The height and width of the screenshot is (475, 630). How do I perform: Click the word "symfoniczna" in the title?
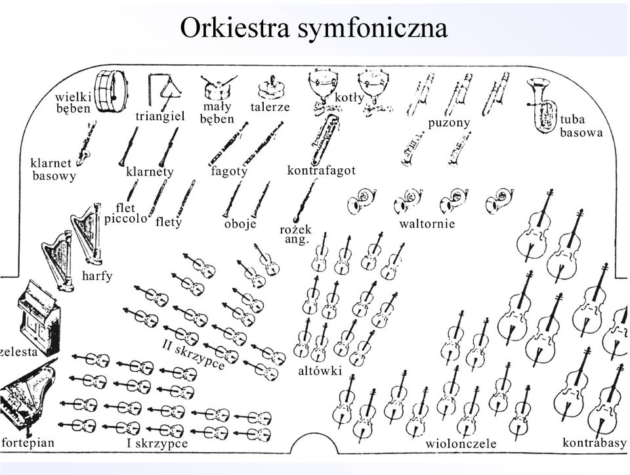[x=373, y=28]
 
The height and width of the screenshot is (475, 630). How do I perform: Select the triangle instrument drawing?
[x=165, y=92]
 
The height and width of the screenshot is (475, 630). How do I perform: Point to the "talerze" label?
[x=270, y=107]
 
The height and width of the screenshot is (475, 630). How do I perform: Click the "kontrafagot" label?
[x=321, y=170]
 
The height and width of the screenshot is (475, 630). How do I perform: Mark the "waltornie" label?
[x=427, y=223]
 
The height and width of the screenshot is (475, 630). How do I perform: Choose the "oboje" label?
[x=240, y=223]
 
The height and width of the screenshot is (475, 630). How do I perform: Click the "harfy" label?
[x=97, y=276]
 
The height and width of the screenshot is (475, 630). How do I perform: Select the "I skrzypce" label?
[x=157, y=443]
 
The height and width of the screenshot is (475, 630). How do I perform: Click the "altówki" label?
[x=320, y=370]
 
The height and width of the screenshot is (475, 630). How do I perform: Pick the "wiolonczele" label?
[x=461, y=443]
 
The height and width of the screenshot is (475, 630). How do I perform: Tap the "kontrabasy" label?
[x=595, y=443]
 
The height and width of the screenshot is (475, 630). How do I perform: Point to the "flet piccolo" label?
[x=126, y=213]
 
